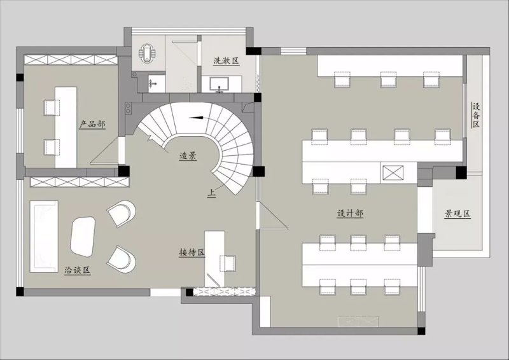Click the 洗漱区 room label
click(x=227, y=60)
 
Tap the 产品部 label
click(x=92, y=124)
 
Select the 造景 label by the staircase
click(x=188, y=156)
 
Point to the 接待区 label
click(x=192, y=253)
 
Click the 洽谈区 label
click(x=77, y=270)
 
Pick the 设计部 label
click(x=350, y=213)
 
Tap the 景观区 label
click(x=457, y=214)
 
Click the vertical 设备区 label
click(x=476, y=115)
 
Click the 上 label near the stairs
click(x=212, y=193)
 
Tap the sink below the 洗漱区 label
click(x=220, y=84)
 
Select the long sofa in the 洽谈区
click(x=44, y=237)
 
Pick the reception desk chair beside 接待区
click(x=228, y=263)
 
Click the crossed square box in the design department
click(x=393, y=172)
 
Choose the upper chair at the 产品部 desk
click(x=52, y=107)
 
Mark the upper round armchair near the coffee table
click(x=121, y=213)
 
